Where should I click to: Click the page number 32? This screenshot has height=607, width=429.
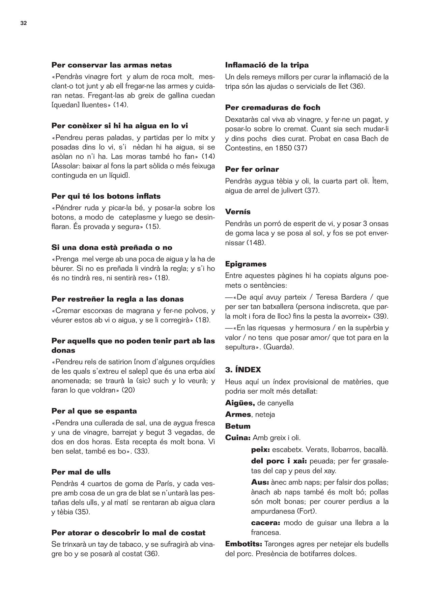(x=23, y=23)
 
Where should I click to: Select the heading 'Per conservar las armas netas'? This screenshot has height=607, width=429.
(x=111, y=65)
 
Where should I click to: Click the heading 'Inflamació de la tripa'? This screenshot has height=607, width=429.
(x=267, y=65)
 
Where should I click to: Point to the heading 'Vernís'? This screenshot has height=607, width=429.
(x=238, y=212)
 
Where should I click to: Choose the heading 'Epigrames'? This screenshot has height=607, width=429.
(x=246, y=264)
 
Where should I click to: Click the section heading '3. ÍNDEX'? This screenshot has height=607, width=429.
(x=243, y=370)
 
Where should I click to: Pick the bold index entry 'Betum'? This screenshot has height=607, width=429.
(x=238, y=426)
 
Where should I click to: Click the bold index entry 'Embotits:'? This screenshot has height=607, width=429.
(x=244, y=544)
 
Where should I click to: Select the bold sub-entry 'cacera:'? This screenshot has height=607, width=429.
(x=266, y=523)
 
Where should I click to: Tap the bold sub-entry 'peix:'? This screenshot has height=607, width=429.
(x=260, y=450)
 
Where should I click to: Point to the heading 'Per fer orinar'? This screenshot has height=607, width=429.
(x=252, y=169)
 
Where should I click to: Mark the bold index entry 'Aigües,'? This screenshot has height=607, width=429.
(x=240, y=403)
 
